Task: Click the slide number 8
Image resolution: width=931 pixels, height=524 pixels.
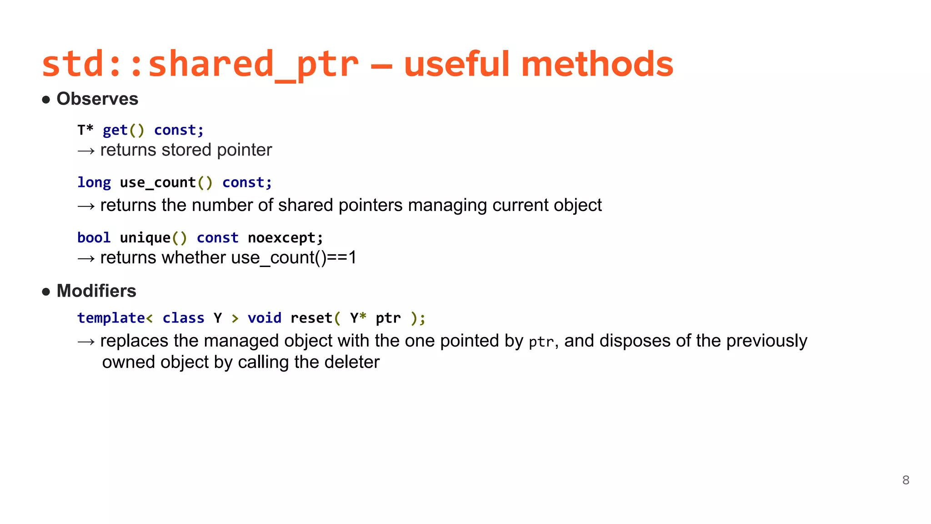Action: (x=906, y=480)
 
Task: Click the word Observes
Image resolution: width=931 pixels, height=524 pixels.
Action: (x=97, y=99)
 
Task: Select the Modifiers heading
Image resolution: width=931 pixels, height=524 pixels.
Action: (x=96, y=291)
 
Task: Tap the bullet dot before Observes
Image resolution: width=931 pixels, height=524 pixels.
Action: (x=46, y=100)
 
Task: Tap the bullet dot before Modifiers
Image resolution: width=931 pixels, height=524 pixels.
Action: (x=46, y=292)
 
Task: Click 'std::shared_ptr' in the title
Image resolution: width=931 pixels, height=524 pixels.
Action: (x=200, y=64)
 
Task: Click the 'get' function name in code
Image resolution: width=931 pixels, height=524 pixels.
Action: (x=115, y=131)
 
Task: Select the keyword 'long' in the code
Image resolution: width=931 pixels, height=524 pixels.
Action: (x=94, y=183)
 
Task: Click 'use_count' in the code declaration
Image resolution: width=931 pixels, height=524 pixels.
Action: (x=158, y=183)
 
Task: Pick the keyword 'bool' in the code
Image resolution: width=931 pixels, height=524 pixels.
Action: (x=94, y=238)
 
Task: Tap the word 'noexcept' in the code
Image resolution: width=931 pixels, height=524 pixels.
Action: (x=281, y=238)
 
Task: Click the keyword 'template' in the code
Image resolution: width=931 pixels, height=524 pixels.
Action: (x=111, y=318)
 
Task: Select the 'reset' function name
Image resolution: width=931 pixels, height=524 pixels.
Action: (x=311, y=318)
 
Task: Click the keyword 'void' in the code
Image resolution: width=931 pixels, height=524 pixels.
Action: (x=265, y=318)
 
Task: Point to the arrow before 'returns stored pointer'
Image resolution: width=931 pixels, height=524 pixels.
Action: (x=86, y=151)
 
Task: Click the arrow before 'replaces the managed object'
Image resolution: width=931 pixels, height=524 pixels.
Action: (x=86, y=342)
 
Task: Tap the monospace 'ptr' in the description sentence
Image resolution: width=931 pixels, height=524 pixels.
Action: (x=541, y=342)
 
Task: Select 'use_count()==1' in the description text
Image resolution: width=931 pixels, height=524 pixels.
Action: (x=294, y=258)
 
